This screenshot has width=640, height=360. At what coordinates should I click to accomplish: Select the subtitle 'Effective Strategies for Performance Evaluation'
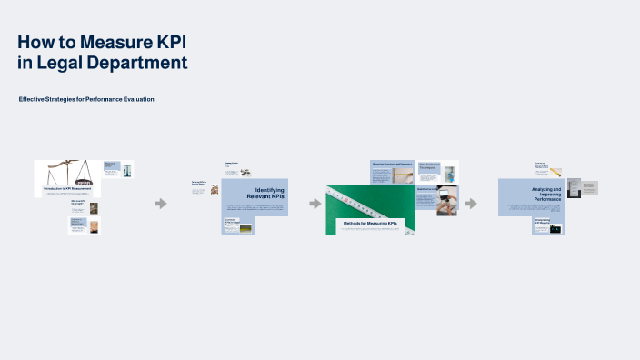pyautogui.click(x=86, y=98)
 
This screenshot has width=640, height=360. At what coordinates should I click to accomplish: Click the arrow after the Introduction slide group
pyautogui.click(x=161, y=203)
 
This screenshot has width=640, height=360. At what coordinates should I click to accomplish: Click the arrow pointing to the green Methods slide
pyautogui.click(x=315, y=203)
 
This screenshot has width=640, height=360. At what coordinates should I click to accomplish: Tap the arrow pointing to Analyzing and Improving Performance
pyautogui.click(x=471, y=203)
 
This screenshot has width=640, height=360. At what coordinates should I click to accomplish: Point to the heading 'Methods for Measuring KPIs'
pyautogui.click(x=370, y=222)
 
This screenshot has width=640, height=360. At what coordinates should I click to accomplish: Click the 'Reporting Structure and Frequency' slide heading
pyautogui.click(x=392, y=164)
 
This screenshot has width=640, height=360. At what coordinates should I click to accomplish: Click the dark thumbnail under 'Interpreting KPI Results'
pyautogui.click(x=555, y=229)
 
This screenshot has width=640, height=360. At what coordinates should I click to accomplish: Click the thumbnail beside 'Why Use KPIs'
pyautogui.click(x=94, y=207)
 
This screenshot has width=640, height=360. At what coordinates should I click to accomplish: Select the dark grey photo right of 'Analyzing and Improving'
pyautogui.click(x=574, y=187)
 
